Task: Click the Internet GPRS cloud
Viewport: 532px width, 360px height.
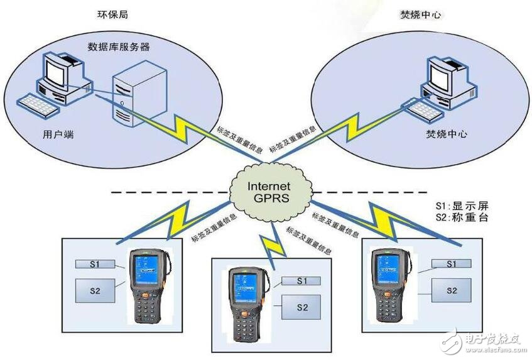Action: (x=269, y=192)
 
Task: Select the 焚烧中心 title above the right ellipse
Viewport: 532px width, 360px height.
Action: (x=421, y=13)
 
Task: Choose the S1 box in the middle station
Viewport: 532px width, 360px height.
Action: (x=301, y=281)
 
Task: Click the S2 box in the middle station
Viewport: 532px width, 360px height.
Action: (x=302, y=307)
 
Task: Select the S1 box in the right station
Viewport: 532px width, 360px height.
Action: (x=452, y=265)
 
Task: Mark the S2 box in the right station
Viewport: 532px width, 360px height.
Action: (x=452, y=290)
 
